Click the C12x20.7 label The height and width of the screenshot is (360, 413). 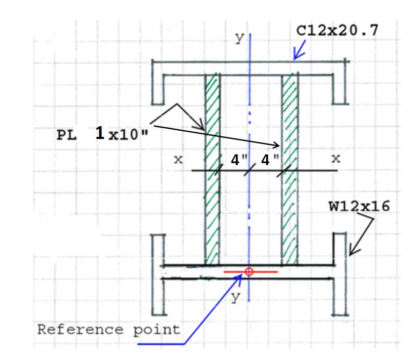337,30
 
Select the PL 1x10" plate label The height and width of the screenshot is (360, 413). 101,135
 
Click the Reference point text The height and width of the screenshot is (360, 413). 109,329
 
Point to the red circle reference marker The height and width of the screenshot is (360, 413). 249,272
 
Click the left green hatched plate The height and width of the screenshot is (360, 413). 212,169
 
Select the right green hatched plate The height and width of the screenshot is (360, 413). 290,169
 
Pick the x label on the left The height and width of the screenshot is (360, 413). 178,159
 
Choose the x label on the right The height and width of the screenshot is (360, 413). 336,159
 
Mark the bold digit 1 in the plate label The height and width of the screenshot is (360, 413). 101,133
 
